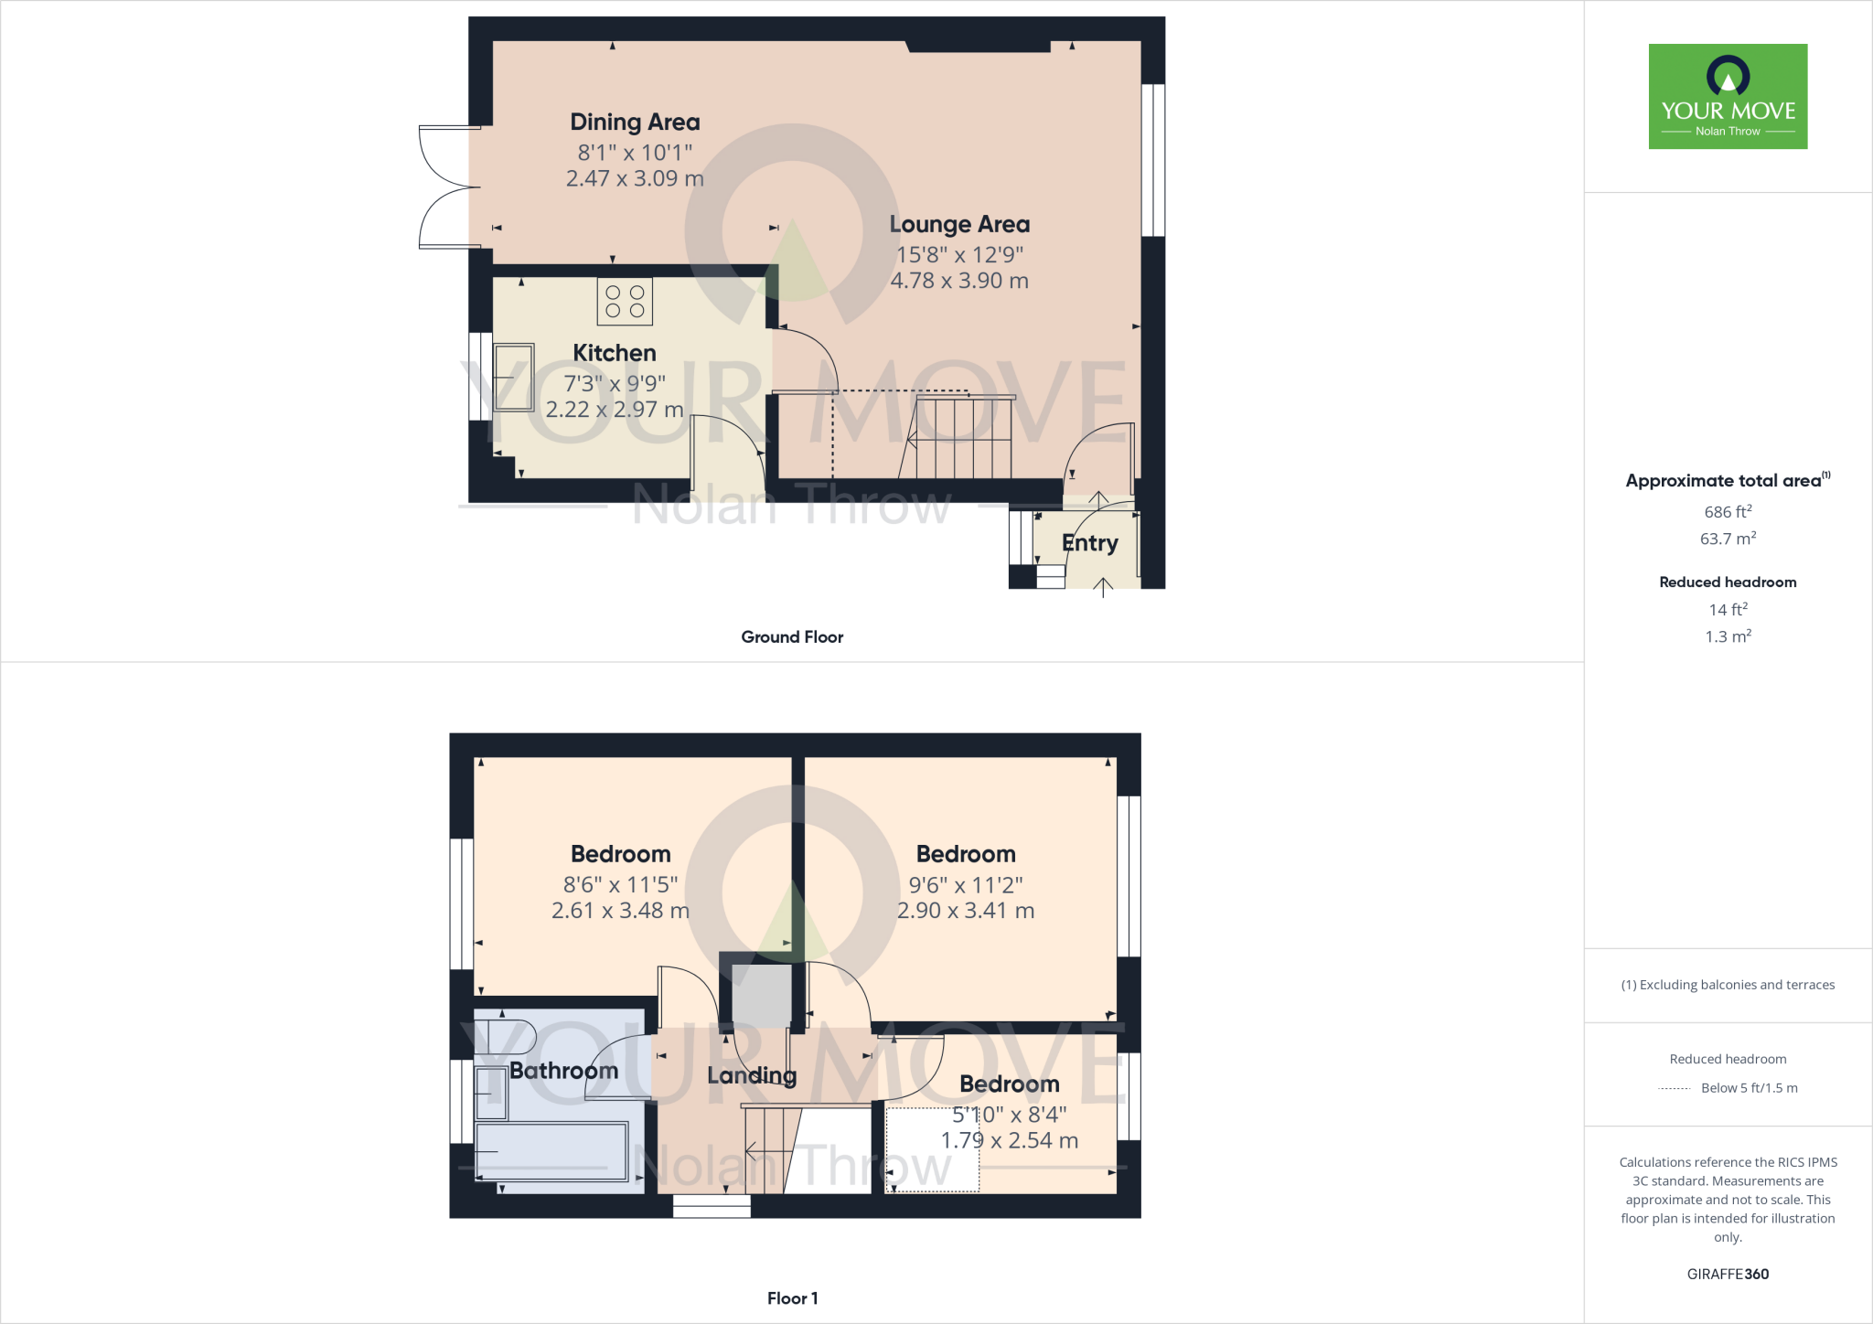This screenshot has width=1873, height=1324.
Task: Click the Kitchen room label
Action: (x=614, y=353)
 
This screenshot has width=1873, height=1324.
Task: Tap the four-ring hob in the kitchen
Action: (x=625, y=302)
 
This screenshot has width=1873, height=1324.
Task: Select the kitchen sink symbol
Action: (x=513, y=378)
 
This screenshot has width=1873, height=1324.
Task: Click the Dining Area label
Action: (x=635, y=123)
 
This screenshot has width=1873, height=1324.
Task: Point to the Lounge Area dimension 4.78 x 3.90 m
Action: (x=959, y=281)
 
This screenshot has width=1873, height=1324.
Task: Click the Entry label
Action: (x=1089, y=543)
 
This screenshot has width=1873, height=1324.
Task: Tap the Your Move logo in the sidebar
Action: (x=1728, y=96)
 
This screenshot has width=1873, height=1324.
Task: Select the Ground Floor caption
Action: (x=792, y=637)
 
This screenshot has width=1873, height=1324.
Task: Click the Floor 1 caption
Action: (x=792, y=1298)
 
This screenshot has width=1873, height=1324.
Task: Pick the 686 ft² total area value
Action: (x=1728, y=512)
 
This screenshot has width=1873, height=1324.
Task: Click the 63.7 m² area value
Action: (x=1728, y=539)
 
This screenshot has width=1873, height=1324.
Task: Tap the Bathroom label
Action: (x=563, y=1071)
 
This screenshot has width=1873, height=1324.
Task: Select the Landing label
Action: (x=752, y=1075)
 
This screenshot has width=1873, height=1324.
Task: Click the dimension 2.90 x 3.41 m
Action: (x=966, y=911)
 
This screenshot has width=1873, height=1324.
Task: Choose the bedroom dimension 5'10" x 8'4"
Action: (x=1010, y=1115)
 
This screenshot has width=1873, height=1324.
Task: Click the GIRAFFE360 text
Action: (x=1728, y=1274)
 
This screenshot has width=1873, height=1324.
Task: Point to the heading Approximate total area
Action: (x=1723, y=481)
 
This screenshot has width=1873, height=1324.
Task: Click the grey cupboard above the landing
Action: (x=762, y=996)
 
